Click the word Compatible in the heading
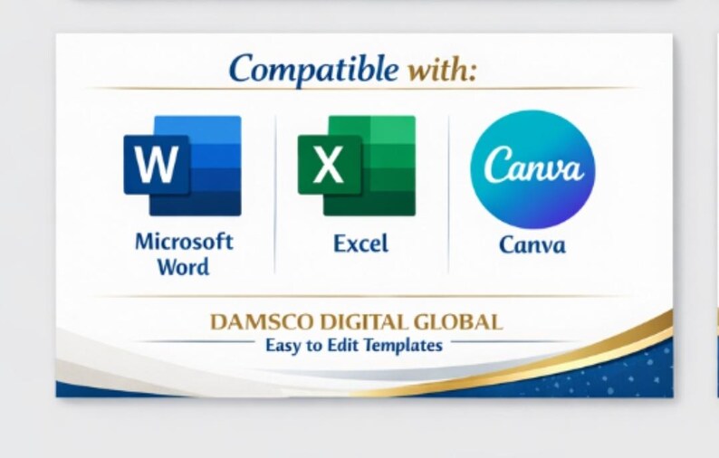[313, 69]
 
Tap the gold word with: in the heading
[442, 70]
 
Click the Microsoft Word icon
[183, 166]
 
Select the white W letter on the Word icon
[157, 164]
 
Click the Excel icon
[357, 166]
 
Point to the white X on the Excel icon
[329, 164]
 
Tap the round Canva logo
[532, 169]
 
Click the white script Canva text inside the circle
[533, 165]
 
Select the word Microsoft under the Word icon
[184, 242]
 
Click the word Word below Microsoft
[184, 267]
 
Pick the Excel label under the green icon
[361, 243]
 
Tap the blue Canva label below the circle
[532, 245]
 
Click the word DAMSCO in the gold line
[263, 322]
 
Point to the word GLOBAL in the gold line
[457, 322]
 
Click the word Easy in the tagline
[283, 346]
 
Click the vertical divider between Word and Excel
[275, 195]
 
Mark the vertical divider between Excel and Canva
[448, 195]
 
